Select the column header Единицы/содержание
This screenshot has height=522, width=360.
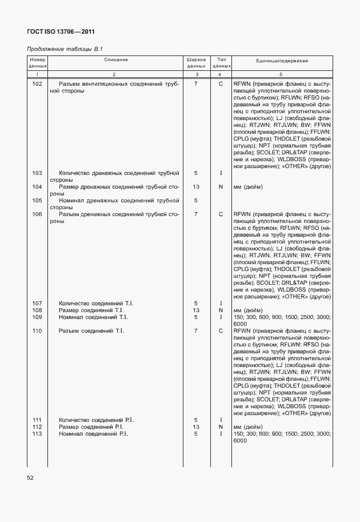(x=282, y=60)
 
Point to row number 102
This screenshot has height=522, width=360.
(x=37, y=84)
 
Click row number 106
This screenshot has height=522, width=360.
(x=37, y=214)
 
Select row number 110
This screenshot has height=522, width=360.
(x=37, y=330)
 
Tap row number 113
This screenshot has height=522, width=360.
(x=37, y=434)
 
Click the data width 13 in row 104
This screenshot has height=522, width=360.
(x=195, y=186)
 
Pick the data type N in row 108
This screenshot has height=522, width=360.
(x=220, y=310)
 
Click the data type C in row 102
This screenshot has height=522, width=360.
(x=220, y=84)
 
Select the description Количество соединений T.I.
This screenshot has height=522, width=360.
(x=92, y=303)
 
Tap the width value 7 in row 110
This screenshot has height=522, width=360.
(x=195, y=330)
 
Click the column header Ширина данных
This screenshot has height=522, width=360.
(x=195, y=63)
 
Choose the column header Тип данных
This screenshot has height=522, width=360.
(x=220, y=63)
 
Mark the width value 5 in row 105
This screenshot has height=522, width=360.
(x=195, y=201)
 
